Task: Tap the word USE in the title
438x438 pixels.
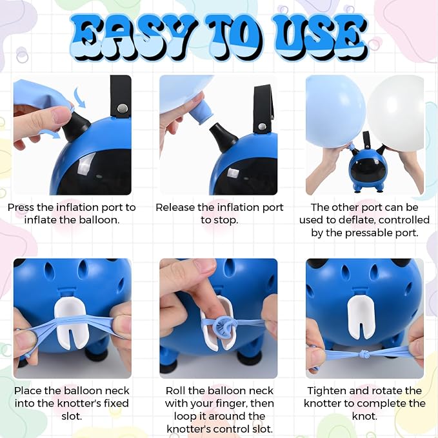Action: click(319, 37)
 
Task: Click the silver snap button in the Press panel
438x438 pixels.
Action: click(122, 108)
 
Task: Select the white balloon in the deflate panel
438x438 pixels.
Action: click(396, 113)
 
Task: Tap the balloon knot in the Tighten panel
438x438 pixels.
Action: click(365, 355)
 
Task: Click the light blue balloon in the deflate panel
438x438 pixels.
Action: click(335, 112)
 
